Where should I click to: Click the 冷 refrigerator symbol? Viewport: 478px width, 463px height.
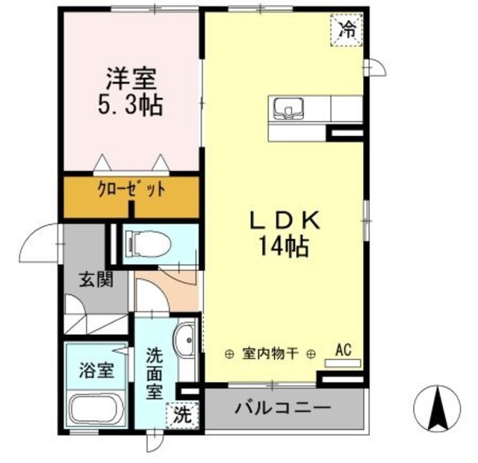pyautogui.click(x=347, y=31)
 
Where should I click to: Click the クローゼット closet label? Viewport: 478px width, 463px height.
pyautogui.click(x=131, y=189)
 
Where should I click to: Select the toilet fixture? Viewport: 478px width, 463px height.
pyautogui.click(x=149, y=243)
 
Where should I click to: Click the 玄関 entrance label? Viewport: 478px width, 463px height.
pyautogui.click(x=95, y=282)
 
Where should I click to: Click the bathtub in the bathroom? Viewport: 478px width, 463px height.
pyautogui.click(x=97, y=409)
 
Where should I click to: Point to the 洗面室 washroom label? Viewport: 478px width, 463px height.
pyautogui.click(x=155, y=373)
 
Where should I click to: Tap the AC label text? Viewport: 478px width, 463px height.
pyautogui.click(x=342, y=349)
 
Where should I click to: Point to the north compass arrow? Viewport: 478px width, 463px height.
pyautogui.click(x=436, y=407)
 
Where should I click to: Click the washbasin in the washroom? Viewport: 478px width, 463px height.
pyautogui.click(x=184, y=343)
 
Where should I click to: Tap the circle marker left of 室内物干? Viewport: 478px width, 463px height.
pyautogui.click(x=229, y=355)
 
